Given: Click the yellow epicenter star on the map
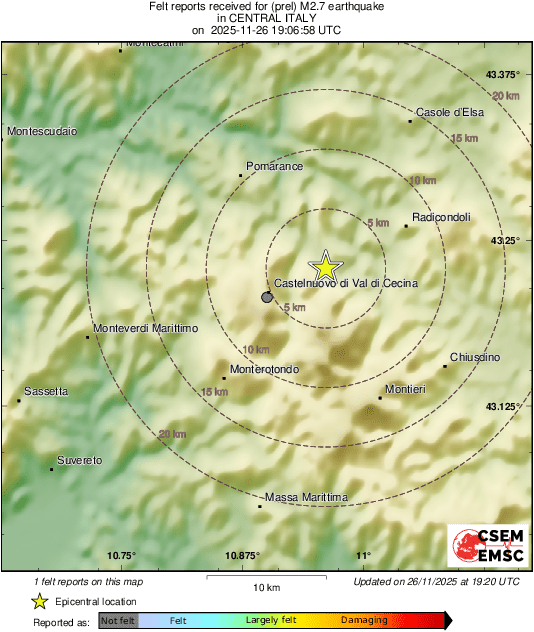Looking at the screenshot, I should [x=325, y=267].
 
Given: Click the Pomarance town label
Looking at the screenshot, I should [x=274, y=167].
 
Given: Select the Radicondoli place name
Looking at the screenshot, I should [x=440, y=218].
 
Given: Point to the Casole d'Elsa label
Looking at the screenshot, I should [x=450, y=112].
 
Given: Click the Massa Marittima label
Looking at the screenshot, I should [x=306, y=497].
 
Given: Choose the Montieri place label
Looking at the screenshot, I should [x=405, y=389].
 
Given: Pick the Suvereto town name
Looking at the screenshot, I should [x=78, y=460].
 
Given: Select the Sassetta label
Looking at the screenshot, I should [x=47, y=392].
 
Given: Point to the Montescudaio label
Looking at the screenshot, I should [x=42, y=132].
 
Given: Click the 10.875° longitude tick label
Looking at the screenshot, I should [x=243, y=556].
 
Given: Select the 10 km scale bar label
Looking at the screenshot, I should [x=265, y=587].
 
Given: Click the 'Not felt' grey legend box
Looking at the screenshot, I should [x=118, y=621].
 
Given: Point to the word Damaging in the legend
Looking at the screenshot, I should [x=364, y=621].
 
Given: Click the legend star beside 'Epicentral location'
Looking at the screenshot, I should [x=39, y=601].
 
